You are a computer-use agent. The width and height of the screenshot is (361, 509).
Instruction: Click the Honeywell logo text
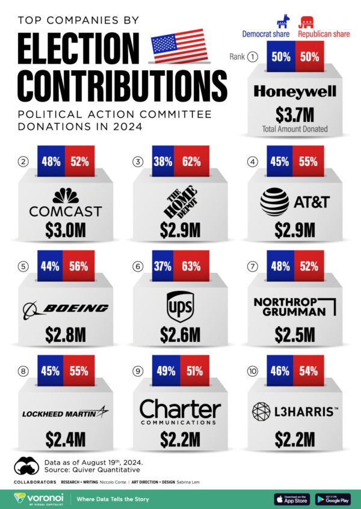pyautogui.click(x=294, y=92)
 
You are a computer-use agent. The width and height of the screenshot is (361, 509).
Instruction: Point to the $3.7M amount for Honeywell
pyautogui.click(x=294, y=114)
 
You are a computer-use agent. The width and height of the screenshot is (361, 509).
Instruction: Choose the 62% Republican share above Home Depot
pyautogui.click(x=192, y=161)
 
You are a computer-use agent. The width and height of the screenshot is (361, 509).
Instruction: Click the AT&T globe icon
pyautogui.click(x=274, y=203)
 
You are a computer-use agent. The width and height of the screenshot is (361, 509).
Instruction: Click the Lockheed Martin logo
pyautogui.click(x=66, y=413)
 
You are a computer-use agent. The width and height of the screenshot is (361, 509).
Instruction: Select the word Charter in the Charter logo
pyautogui.click(x=180, y=409)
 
